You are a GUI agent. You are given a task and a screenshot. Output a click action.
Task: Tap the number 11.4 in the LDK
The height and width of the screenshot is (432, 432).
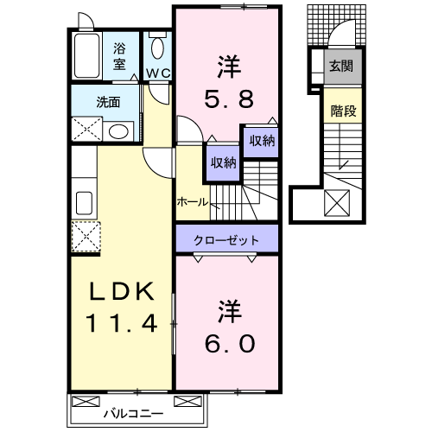120,324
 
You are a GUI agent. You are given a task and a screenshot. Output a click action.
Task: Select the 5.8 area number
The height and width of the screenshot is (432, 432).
228,98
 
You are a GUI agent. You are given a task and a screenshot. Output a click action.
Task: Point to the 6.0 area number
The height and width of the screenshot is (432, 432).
228,343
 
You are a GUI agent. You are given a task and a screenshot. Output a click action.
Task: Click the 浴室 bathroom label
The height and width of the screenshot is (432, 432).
120,56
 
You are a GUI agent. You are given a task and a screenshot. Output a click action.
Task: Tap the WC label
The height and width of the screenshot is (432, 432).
156,73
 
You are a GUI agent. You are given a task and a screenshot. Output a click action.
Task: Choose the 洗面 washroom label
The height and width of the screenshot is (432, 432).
108,100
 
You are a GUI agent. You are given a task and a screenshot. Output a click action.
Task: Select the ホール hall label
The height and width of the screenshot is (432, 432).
191,201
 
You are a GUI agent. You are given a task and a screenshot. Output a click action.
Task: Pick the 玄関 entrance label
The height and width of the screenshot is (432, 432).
340,66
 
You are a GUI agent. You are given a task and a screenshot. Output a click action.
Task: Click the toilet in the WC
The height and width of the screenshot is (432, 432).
157,48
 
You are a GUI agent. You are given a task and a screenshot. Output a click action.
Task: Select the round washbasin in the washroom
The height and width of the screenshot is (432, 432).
120,131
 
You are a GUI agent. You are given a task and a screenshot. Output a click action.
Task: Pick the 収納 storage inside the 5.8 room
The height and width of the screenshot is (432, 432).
261,141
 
